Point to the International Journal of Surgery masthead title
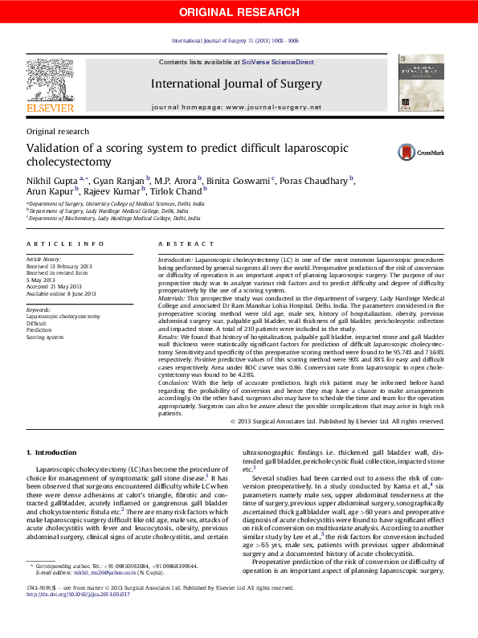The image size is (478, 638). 236,83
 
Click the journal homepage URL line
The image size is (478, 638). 236,107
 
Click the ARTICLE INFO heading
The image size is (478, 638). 65,243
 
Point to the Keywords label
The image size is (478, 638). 39,309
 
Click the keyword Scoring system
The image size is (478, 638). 45,337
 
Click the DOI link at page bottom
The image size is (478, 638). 78,618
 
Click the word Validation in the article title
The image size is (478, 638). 54,148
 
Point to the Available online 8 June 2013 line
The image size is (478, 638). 61,294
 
